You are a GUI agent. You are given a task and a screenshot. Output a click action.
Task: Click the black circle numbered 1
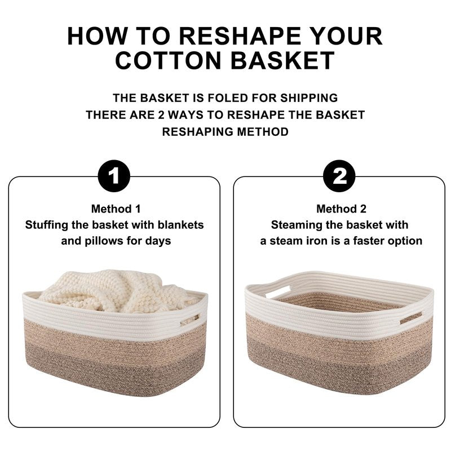click(x=114, y=176)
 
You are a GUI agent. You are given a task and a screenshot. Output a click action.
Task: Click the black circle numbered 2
click(x=339, y=176)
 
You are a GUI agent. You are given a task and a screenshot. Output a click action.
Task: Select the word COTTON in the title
click(x=168, y=60)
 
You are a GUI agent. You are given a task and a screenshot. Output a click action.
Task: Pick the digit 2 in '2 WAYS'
click(x=161, y=115)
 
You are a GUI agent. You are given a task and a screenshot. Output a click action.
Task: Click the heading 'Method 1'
click(x=116, y=209)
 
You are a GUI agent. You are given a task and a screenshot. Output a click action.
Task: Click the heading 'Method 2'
click(x=341, y=209)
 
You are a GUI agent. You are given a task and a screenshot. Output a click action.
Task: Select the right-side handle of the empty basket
click(x=411, y=317)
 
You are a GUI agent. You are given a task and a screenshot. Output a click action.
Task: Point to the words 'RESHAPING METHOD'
click(x=225, y=132)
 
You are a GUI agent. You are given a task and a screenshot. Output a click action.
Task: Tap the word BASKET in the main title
click(x=282, y=60)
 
